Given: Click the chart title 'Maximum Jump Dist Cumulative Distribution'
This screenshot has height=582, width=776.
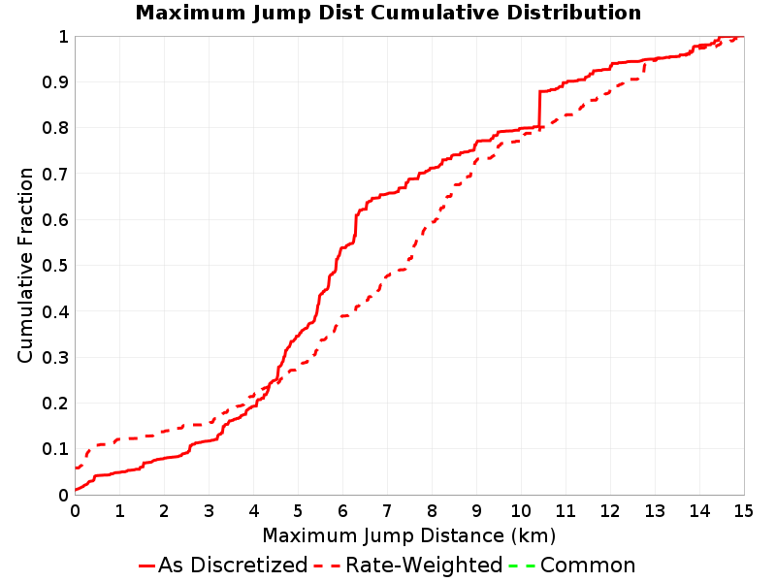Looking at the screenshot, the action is [x=388, y=13].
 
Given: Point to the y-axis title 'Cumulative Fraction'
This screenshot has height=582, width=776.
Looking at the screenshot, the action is [x=25, y=265].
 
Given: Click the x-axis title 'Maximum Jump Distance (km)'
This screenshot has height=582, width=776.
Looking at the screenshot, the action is [x=408, y=536].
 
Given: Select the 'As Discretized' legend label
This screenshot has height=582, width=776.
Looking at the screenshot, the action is [x=233, y=566].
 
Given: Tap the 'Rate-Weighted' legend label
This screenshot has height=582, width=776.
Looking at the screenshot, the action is [x=424, y=566].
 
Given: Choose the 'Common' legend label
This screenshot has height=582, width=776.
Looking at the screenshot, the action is [x=588, y=566].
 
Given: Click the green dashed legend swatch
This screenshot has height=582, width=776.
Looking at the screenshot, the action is [x=522, y=566].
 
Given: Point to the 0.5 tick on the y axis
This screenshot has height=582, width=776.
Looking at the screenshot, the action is [x=55, y=266].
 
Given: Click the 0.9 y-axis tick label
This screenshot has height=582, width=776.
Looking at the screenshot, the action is [x=55, y=82].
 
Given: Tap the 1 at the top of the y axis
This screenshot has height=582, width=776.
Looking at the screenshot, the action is [x=63, y=37].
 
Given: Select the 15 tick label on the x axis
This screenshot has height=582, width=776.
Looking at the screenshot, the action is [x=743, y=511].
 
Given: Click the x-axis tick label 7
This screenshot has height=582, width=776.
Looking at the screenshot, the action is [x=387, y=511].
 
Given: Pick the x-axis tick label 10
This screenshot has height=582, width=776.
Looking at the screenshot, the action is [x=521, y=511].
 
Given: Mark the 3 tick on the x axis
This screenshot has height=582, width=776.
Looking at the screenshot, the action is [x=209, y=511].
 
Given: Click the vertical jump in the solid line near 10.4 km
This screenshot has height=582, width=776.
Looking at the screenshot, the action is [x=539, y=110].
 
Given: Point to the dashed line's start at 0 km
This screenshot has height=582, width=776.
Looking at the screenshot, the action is [x=76, y=468].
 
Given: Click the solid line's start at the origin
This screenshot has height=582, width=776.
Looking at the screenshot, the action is [x=76, y=490].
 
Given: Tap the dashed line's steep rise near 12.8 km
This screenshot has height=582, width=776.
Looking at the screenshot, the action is [x=644, y=68].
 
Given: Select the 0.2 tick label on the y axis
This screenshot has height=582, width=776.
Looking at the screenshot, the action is [x=55, y=404].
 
